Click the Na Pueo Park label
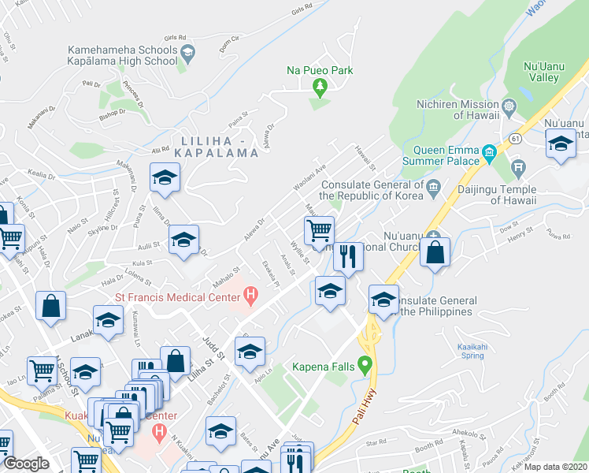319,71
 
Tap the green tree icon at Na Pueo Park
320,86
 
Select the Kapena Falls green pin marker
365,365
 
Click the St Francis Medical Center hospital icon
251,297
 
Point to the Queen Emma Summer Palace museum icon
489,151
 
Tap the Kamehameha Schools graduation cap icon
187,53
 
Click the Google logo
26,464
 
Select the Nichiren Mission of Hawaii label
458,111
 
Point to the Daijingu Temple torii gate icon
518,166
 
